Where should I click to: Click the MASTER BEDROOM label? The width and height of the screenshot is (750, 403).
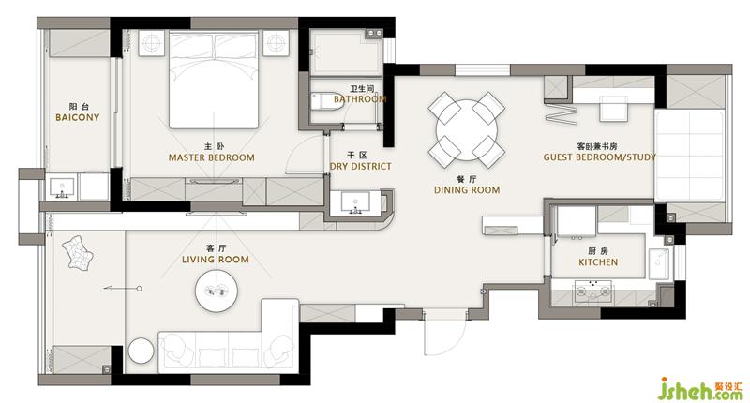212,157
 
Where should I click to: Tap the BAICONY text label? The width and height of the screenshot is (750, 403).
78,117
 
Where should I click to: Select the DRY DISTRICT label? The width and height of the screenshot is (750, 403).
361,167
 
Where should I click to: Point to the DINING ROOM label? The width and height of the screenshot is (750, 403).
467,190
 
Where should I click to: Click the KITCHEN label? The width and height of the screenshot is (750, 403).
598,262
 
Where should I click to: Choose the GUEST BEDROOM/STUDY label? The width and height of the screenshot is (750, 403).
599,157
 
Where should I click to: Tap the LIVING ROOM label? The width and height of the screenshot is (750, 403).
216,260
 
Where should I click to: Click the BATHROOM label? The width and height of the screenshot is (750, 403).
360,99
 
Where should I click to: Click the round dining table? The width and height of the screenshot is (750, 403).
466,130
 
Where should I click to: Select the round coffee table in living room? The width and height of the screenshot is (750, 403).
217,291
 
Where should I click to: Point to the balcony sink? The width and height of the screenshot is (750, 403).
62,188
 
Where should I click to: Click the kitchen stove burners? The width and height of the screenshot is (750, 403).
593,291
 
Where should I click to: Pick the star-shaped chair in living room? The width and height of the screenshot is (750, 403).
78,253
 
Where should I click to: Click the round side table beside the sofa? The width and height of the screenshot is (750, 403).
140,351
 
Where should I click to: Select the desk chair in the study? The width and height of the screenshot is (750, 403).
614,109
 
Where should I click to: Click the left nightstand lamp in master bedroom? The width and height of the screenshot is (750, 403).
152,43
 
